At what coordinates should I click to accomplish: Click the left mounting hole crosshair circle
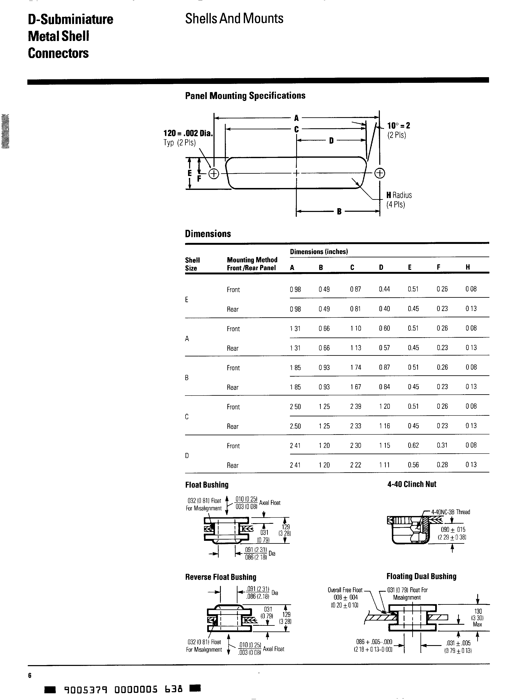click(214, 173)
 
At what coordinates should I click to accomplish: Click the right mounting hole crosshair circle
click(379, 173)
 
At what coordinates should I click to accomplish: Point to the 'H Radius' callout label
click(399, 195)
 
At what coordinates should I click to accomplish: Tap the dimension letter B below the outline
click(339, 211)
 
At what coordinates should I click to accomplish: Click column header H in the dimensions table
click(467, 267)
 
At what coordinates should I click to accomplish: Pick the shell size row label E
click(187, 299)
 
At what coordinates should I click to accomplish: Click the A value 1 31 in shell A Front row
click(295, 328)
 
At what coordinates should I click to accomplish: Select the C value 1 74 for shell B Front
click(355, 367)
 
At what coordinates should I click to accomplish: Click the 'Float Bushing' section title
click(207, 484)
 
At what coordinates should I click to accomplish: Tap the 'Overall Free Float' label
click(345, 590)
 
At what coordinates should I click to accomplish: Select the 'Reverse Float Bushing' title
click(221, 577)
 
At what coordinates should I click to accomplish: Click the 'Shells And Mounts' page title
click(234, 19)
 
